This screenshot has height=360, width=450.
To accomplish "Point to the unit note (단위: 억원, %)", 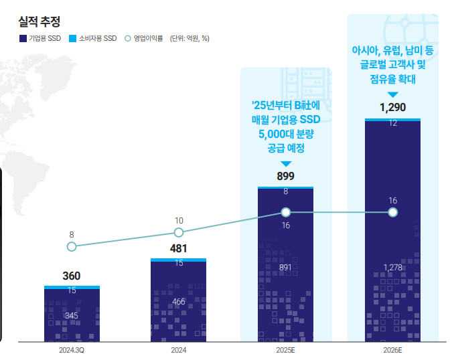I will click(x=190, y=38).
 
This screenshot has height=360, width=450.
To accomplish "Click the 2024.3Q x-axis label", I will click(x=72, y=350).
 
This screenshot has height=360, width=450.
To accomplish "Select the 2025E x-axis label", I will click(x=285, y=350).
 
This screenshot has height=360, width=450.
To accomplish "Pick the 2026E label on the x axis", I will click(x=392, y=350).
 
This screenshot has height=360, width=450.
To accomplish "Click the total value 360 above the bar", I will click(x=72, y=276).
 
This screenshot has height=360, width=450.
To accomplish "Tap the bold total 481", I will click(x=178, y=249).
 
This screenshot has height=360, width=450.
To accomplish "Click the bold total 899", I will click(x=286, y=177).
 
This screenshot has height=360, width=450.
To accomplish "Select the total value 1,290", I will click(x=392, y=108).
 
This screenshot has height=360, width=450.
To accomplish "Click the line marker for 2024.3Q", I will click(x=72, y=246).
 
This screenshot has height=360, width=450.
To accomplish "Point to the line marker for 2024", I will click(x=179, y=232).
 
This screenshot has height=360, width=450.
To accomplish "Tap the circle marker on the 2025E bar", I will click(x=286, y=212).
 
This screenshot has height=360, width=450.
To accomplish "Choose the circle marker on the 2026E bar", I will click(x=393, y=212).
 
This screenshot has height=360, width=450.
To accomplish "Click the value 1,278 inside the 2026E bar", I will click(x=392, y=268).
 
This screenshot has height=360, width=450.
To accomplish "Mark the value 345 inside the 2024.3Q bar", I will click(x=72, y=314).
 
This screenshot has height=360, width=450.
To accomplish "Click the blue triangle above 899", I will click(x=286, y=163).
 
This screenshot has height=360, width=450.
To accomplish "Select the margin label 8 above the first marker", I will click(x=72, y=234).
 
